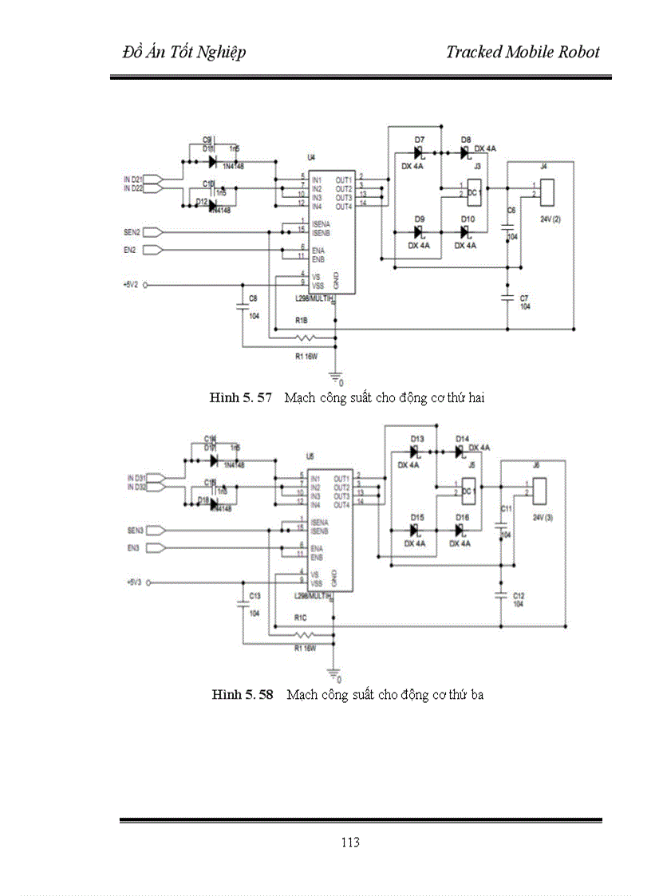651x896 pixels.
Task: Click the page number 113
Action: point(349,843)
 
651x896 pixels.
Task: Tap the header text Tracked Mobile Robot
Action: point(523,53)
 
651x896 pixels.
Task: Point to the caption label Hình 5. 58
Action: point(243,695)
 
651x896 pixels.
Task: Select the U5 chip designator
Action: point(310,456)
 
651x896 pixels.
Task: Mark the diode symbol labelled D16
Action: point(461,531)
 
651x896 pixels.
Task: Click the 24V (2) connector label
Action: point(550,218)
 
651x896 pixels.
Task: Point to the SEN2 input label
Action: point(132,232)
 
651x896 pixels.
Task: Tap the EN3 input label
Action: point(133,548)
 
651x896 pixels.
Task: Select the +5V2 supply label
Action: point(131,284)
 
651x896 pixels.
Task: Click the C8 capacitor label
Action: point(253,298)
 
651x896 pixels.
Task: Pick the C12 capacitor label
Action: point(519,596)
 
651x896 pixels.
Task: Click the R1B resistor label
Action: point(301,320)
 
